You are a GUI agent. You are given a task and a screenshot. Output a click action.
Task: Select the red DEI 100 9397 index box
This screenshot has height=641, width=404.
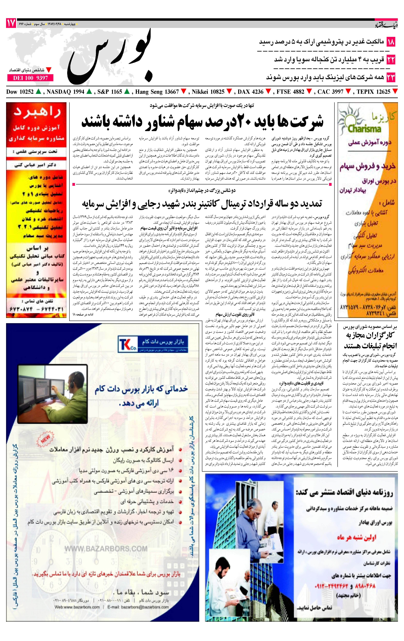[x=30, y=78]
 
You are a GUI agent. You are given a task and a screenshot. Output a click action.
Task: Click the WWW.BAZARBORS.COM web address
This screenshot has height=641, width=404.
[x=106, y=549]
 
